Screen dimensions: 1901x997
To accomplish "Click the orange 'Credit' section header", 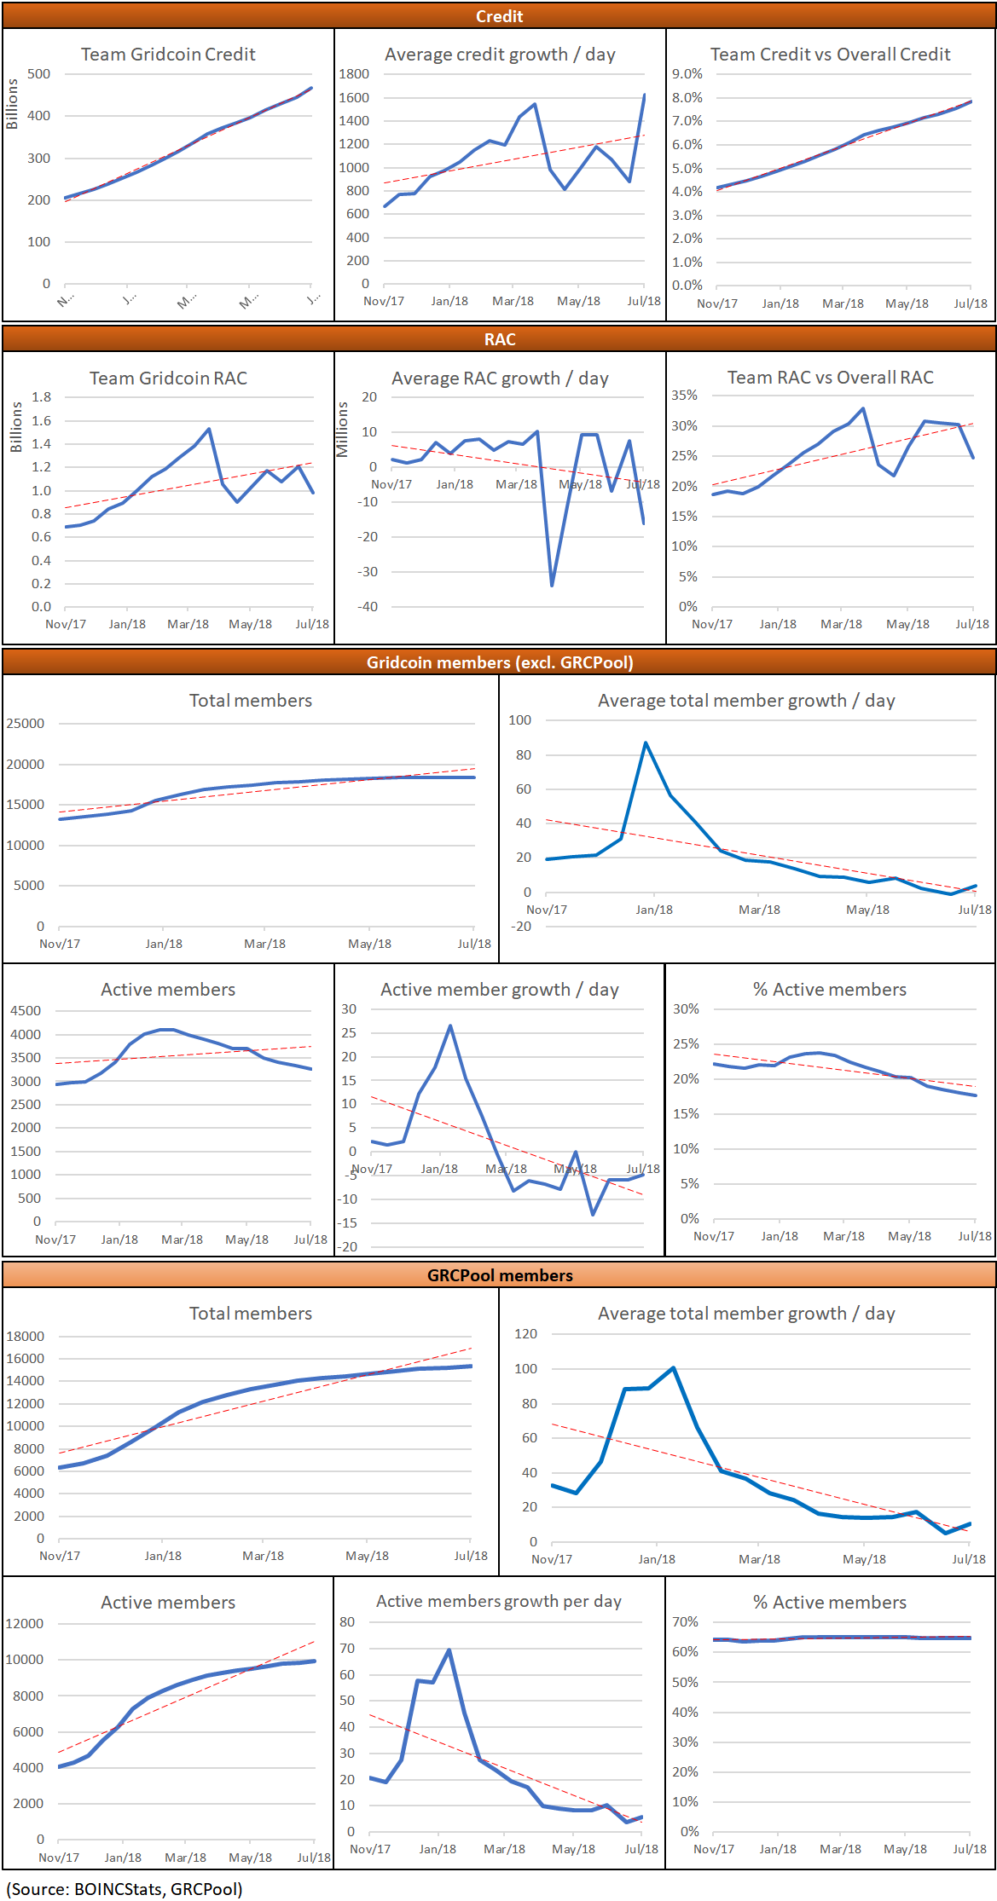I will click(x=499, y=16).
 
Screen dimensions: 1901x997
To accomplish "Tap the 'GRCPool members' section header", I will click(x=500, y=1275).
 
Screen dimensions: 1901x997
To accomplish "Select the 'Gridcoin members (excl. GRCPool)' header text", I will click(x=500, y=662).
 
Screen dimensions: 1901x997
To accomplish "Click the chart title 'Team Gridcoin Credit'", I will click(x=168, y=55).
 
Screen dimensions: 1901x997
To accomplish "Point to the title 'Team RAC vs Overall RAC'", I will click(x=830, y=378).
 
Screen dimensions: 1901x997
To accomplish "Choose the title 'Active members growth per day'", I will click(x=499, y=1601).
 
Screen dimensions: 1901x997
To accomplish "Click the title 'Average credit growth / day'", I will click(x=500, y=55).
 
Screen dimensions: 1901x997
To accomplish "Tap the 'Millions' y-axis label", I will click(x=343, y=430).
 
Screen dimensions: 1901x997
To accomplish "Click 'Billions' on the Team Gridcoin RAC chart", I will click(x=16, y=428).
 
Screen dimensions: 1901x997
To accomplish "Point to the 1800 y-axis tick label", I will click(x=354, y=74).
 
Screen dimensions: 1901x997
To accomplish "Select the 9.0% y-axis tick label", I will click(x=687, y=74).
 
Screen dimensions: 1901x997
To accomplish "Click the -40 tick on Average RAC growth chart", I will click(x=368, y=607).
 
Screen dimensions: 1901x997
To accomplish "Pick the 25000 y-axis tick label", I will click(x=26, y=724).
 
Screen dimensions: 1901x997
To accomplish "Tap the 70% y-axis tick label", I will click(x=685, y=1621).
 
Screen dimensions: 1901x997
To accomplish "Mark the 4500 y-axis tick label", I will click(x=26, y=1011).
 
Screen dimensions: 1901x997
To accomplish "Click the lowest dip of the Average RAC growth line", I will click(x=552, y=585).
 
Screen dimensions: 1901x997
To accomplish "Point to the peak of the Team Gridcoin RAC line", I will click(x=209, y=429).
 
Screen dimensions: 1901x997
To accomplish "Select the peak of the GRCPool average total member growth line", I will click(x=674, y=1367).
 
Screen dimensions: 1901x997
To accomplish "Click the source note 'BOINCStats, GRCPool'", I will click(x=125, y=1889).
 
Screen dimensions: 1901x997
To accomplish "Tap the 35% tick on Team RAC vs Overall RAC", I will click(x=684, y=396).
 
